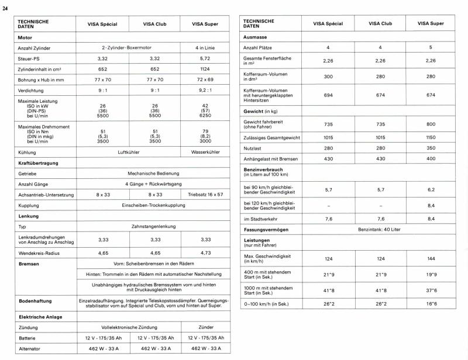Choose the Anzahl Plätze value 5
(x=431, y=47)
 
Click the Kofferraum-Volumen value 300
(x=328, y=77)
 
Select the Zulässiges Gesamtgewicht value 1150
(x=431, y=136)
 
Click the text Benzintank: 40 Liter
(x=380, y=230)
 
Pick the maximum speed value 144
(x=431, y=258)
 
